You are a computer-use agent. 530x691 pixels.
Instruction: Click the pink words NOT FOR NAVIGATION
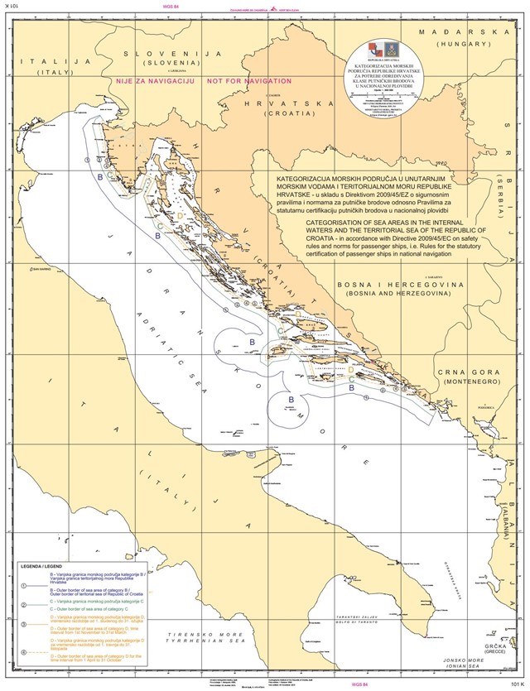pyautogui.click(x=248, y=81)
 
